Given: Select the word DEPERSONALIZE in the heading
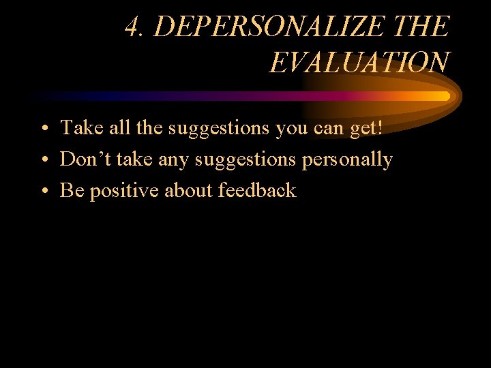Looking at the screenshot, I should pos(269,27).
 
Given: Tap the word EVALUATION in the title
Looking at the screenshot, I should pos(359,63).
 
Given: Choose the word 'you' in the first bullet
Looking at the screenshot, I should pos(291,129).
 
